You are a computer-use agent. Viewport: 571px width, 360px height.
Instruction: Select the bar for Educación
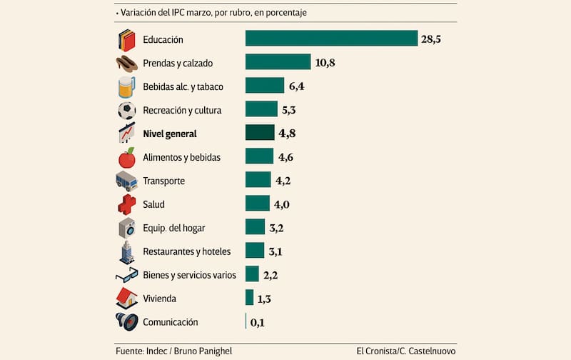pos(331,38)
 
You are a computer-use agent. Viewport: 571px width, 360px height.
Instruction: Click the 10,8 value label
pos(325,62)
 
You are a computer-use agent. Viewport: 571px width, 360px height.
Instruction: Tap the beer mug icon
pos(126,86)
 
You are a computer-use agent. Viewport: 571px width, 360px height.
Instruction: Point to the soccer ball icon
pos(126,110)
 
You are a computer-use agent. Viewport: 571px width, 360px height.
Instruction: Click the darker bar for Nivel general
pos(260,133)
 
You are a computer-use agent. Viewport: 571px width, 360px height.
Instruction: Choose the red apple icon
pos(126,157)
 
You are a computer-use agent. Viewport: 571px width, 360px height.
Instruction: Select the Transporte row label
pos(163,181)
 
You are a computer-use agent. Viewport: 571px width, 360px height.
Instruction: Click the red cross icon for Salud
pos(126,204)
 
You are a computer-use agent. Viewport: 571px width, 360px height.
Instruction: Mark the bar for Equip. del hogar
pos(255,227)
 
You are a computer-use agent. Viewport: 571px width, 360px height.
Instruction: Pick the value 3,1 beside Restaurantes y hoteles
pos(276,251)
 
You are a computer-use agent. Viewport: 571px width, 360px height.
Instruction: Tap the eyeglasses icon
pos(126,275)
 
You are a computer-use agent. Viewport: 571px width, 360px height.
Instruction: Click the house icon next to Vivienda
pos(126,298)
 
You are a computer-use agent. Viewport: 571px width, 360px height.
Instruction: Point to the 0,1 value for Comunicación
pos(258,322)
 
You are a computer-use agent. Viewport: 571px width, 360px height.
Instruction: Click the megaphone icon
pos(126,321)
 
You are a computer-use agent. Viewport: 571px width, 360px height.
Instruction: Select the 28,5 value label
pos(431,39)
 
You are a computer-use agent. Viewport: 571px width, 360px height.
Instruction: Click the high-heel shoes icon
pos(126,63)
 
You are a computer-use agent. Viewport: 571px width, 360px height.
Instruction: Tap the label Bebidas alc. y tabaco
pos(183,86)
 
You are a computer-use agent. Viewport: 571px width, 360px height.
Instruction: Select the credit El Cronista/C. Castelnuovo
pos(406,351)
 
